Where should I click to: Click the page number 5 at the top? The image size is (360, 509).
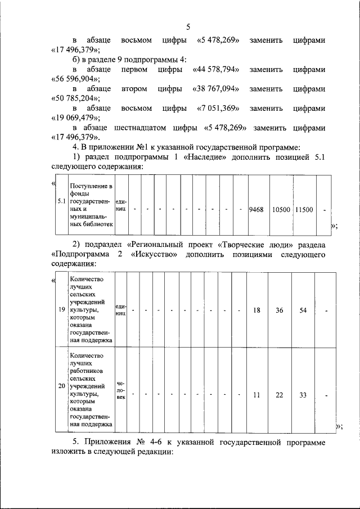pyautogui.click(x=188, y=26)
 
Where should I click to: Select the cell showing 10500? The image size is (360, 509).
pyautogui.click(x=281, y=209)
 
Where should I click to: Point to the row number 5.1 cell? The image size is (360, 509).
pyautogui.click(x=61, y=201)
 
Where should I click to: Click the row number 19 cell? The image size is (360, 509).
pyautogui.click(x=61, y=310)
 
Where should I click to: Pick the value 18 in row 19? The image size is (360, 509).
pyautogui.click(x=256, y=310)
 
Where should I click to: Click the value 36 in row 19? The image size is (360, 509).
pyautogui.click(x=280, y=310)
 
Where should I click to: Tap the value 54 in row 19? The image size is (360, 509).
pyautogui.click(x=303, y=310)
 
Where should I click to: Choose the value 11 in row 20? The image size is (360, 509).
pyautogui.click(x=256, y=395)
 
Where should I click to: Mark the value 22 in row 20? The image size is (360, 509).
pyautogui.click(x=280, y=395)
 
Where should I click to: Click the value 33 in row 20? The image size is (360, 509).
pyautogui.click(x=303, y=395)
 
